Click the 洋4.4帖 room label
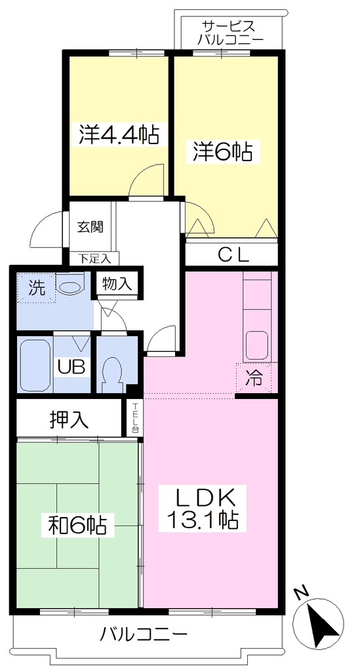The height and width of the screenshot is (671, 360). click(119, 134)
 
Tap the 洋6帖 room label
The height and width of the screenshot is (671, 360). click(222, 151)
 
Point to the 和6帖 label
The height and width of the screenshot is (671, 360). click(77, 525)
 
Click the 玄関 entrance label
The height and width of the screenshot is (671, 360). click(90, 226)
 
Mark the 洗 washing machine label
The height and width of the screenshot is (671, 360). click(36, 288)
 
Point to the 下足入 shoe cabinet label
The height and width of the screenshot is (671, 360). click(95, 258)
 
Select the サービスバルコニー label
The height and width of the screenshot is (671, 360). click(230, 33)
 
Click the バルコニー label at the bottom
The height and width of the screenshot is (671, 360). click(144, 632)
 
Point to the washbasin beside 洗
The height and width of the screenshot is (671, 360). click(71, 285)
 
